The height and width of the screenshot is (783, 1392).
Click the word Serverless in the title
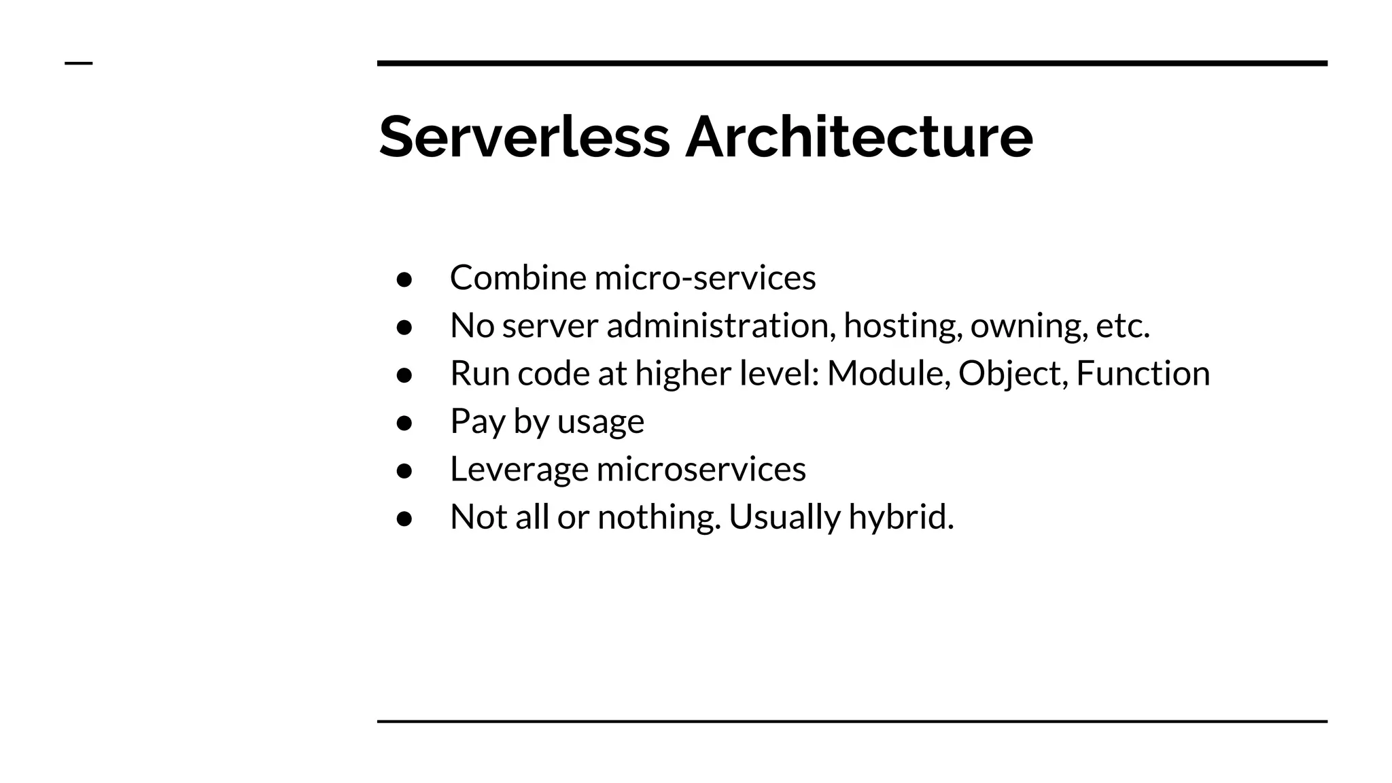(x=524, y=137)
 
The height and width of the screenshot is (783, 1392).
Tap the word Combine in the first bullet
(x=518, y=277)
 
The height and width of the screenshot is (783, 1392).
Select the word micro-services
(x=705, y=277)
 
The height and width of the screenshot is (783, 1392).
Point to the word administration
(x=721, y=326)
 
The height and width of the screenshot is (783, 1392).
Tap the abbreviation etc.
(x=1123, y=326)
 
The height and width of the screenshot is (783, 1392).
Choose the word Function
(x=1143, y=373)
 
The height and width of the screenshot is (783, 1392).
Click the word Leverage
(x=519, y=469)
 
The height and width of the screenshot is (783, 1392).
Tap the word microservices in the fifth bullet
(x=701, y=469)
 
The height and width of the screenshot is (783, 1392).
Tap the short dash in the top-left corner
(x=78, y=64)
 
